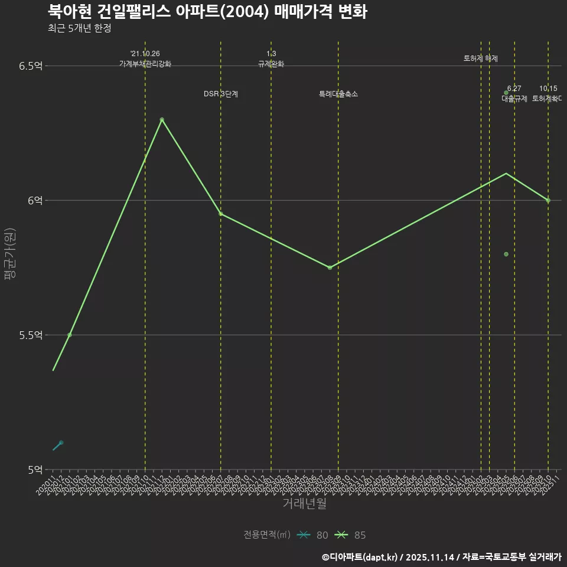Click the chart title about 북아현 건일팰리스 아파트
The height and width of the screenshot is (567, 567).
point(207,12)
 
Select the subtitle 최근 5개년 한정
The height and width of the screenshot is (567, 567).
point(79,28)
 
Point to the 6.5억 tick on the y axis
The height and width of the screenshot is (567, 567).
point(30,66)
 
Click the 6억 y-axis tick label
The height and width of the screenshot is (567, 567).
point(35,200)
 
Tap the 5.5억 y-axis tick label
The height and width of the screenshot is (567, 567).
point(30,335)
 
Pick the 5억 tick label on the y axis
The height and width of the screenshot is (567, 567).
point(35,470)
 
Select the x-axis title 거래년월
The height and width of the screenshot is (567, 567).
point(304,504)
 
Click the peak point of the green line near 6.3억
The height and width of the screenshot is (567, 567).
point(162,119)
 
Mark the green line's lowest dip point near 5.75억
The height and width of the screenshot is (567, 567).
point(330,268)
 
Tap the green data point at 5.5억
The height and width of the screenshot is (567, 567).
point(70,335)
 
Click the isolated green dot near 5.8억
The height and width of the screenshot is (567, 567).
point(506,254)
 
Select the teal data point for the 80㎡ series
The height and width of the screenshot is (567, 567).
point(61,442)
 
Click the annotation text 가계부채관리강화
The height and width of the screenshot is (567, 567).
point(145,64)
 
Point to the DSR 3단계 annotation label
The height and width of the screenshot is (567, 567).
point(221,94)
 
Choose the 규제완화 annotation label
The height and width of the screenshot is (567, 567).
point(271,64)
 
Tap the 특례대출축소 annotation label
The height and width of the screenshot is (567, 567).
point(338,94)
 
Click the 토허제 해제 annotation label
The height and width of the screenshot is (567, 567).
point(481,58)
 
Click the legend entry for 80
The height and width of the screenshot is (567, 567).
point(312,535)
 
